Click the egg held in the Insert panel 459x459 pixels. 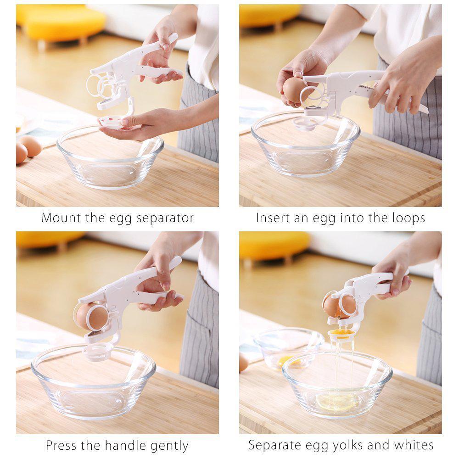coord(294,89)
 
